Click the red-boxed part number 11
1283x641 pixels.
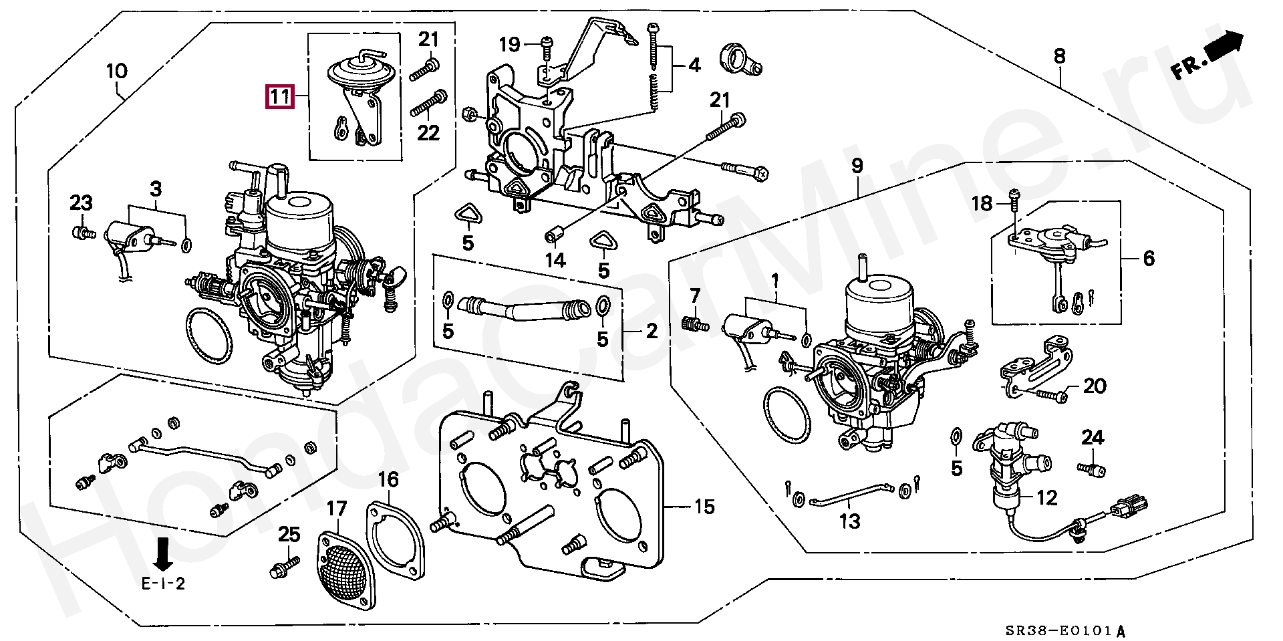coord(280,98)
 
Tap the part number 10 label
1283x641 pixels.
coord(116,71)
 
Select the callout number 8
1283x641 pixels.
coord(1059,56)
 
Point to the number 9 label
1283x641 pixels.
coord(857,166)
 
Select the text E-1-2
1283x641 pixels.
coord(163,584)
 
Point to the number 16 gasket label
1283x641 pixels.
coord(388,479)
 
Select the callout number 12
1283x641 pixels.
coord(1046,497)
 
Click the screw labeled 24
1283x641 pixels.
coord(1091,469)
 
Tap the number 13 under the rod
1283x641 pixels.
coord(849,521)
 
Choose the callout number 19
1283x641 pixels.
coord(509,45)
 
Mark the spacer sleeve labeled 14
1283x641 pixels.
coord(554,236)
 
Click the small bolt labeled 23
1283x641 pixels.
coord(81,233)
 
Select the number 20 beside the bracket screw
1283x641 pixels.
coord(1095,386)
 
